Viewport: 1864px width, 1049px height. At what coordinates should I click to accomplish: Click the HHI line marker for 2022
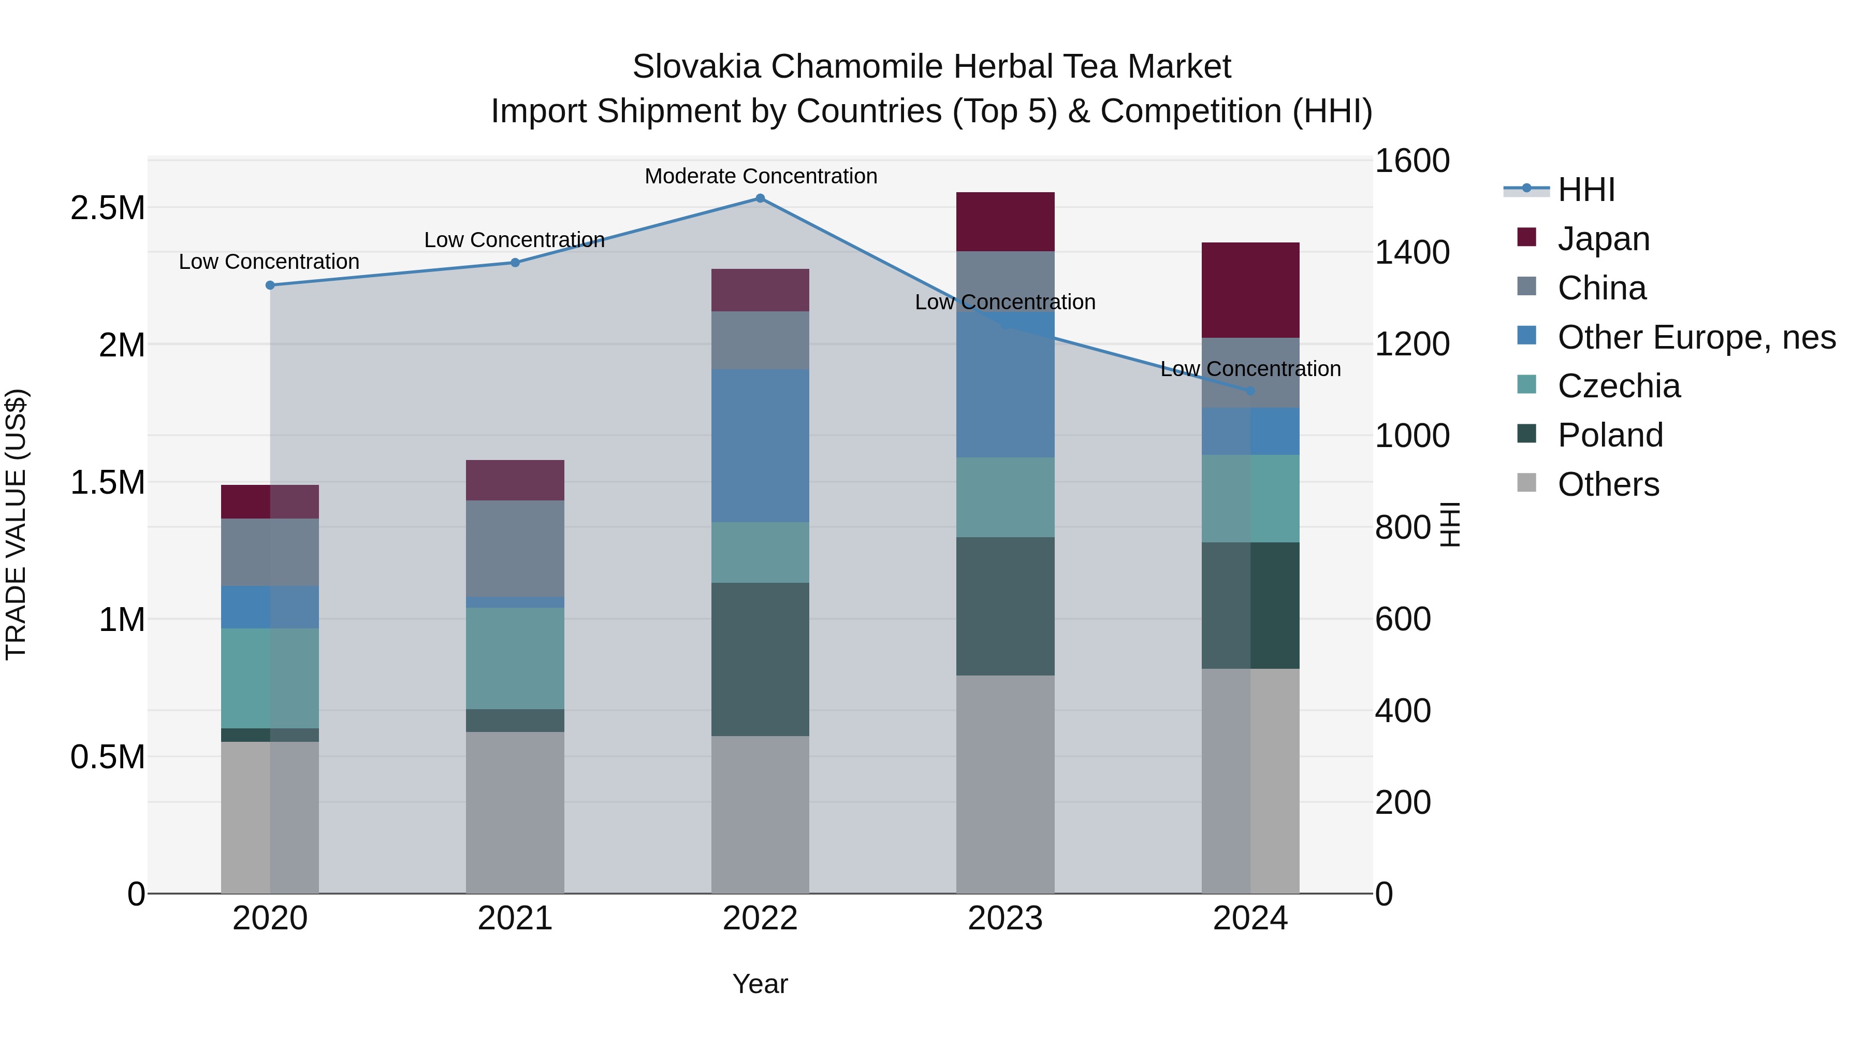tap(760, 198)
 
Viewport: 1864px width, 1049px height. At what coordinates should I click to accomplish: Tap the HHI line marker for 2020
tap(270, 285)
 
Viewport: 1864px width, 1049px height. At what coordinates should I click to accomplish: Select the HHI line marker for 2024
tap(1250, 391)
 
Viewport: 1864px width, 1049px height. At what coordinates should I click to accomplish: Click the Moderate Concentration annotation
tap(761, 176)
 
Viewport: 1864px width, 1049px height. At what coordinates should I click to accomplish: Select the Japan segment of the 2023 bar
tap(1005, 222)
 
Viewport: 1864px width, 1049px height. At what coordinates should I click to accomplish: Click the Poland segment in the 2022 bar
tap(760, 659)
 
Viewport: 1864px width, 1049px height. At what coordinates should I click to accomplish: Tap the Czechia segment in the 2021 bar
tap(515, 657)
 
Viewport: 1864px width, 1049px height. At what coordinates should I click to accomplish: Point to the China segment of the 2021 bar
tap(515, 548)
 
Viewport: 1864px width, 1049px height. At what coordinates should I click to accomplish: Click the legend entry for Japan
tap(1604, 239)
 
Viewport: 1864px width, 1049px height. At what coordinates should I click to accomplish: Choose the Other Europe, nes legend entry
tap(1696, 337)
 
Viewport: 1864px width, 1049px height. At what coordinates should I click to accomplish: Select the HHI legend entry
tap(1585, 190)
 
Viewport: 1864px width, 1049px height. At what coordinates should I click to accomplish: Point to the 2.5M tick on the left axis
tap(107, 208)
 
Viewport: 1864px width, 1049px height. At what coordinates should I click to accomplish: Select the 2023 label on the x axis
tap(1005, 918)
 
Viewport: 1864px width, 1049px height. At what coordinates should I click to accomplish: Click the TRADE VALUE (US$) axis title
tap(16, 524)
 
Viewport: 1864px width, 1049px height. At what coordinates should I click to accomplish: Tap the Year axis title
tap(760, 984)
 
